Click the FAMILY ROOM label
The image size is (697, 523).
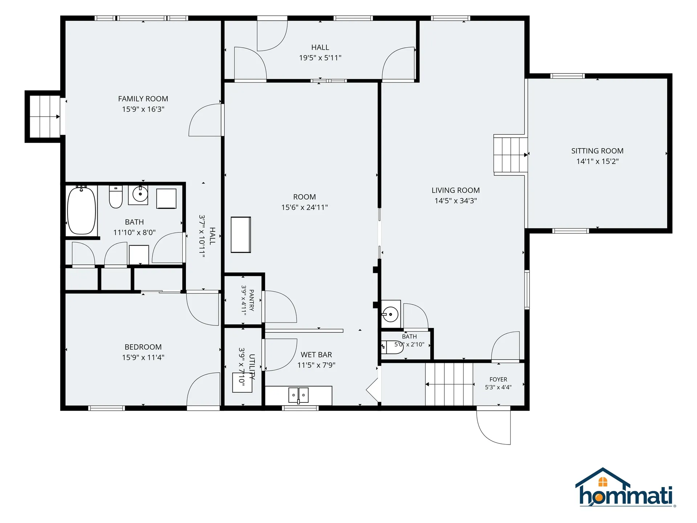[143, 99]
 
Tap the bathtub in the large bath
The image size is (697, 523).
[82, 210]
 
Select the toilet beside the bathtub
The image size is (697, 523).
[116, 196]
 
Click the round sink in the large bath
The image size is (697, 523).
[140, 194]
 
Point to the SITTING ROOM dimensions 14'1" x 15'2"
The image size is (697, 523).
[598, 161]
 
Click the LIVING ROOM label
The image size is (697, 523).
[456, 190]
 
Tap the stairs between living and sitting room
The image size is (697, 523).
[510, 155]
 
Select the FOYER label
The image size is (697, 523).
[498, 379]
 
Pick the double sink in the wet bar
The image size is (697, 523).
[298, 395]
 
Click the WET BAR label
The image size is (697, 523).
[316, 354]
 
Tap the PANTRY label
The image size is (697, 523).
[252, 300]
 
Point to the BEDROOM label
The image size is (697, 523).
[143, 347]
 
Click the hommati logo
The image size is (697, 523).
[625, 487]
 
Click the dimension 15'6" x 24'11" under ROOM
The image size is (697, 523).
[305, 207]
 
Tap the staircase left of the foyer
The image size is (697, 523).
[449, 384]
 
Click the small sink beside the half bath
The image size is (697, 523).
[391, 314]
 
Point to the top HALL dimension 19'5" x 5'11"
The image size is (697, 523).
[320, 58]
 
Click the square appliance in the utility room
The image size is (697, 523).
[242, 382]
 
